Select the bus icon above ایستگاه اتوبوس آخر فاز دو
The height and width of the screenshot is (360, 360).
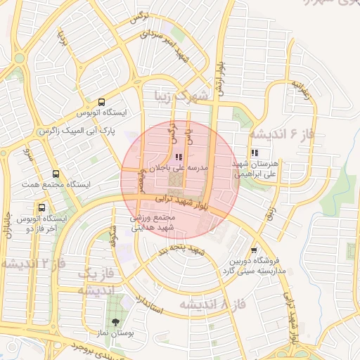tap(42, 207)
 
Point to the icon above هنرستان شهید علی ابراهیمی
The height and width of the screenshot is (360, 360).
tap(254, 153)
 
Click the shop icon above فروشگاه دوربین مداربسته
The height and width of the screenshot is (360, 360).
tap(254, 250)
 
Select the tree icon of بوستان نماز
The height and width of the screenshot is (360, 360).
tap(115, 320)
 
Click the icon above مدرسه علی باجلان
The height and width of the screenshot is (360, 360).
tap(178, 157)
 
